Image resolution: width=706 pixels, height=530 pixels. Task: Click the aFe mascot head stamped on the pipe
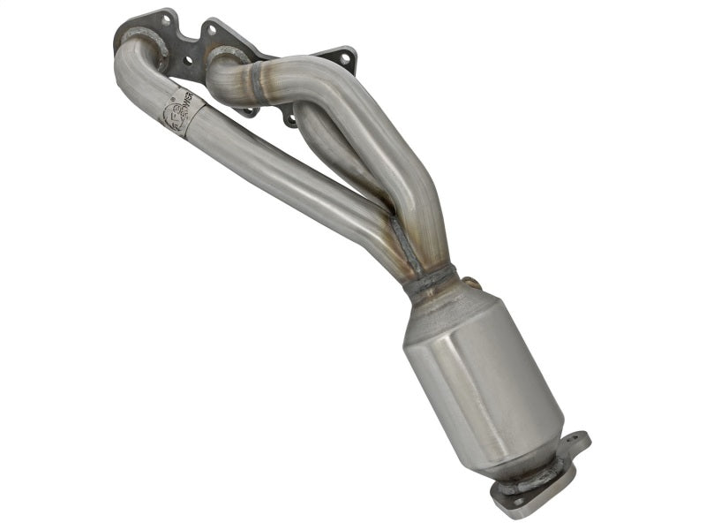(x=173, y=114)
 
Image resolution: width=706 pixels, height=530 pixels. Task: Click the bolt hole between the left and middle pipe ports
(x=188, y=60)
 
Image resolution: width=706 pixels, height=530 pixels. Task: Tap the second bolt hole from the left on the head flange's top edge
(x=213, y=31)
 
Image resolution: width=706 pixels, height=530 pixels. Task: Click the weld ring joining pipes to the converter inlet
(x=429, y=281)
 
